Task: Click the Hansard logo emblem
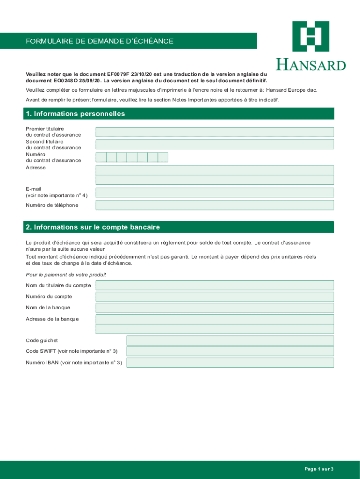click(310, 36)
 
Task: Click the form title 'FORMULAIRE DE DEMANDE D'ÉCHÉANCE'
click(100, 41)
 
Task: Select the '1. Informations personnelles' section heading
click(75, 114)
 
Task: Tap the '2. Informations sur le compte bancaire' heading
click(93, 227)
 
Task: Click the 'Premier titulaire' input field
click(215, 132)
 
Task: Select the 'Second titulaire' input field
click(215, 144)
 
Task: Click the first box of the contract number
click(101, 157)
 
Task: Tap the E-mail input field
click(215, 192)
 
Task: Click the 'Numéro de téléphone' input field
click(215, 205)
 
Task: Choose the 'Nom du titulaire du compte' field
click(215, 285)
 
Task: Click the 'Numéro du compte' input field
click(215, 297)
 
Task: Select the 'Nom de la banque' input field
click(215, 307)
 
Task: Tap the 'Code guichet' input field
click(230, 340)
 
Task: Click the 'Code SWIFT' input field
click(230, 351)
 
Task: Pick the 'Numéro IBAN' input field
click(230, 363)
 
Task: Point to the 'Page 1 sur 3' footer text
click(319, 469)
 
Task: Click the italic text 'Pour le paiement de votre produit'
click(66, 275)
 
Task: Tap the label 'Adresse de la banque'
click(52, 319)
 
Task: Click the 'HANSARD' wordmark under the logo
click(311, 65)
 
